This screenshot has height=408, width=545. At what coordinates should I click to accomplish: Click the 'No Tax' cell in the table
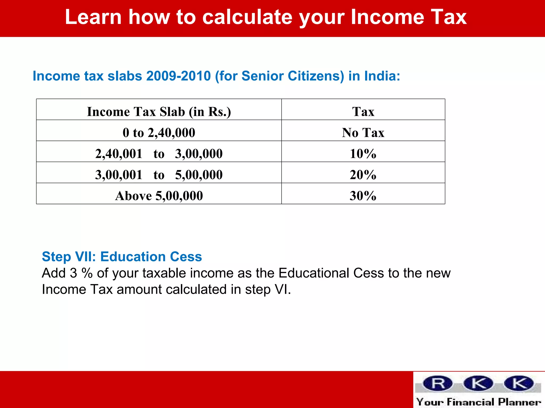point(363,133)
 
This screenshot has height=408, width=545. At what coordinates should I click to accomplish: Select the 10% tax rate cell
point(363,154)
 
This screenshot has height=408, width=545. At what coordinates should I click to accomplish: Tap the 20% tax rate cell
point(363,175)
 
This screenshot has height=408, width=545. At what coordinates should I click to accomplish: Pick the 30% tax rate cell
point(363,196)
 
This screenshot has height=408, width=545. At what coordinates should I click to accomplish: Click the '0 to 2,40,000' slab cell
point(159,133)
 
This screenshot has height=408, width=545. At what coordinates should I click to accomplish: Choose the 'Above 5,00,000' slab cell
point(159,196)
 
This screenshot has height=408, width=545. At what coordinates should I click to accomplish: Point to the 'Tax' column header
point(363,112)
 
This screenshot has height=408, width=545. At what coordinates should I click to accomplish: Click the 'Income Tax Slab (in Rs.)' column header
point(159,112)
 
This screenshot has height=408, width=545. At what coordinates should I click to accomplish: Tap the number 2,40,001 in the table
point(119,154)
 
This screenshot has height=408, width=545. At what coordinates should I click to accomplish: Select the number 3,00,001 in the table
point(119,175)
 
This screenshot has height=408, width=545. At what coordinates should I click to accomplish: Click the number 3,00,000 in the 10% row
point(199,154)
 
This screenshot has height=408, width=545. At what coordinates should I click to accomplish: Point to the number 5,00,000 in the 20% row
point(199,175)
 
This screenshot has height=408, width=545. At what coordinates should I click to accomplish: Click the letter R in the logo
point(438,384)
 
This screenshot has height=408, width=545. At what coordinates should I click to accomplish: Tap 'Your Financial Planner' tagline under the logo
point(478,402)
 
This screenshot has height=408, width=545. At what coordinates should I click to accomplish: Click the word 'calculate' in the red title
point(247,17)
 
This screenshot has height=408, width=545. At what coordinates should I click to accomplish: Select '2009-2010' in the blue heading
point(179,76)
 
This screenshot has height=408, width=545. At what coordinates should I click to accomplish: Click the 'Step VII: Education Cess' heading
point(122,257)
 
